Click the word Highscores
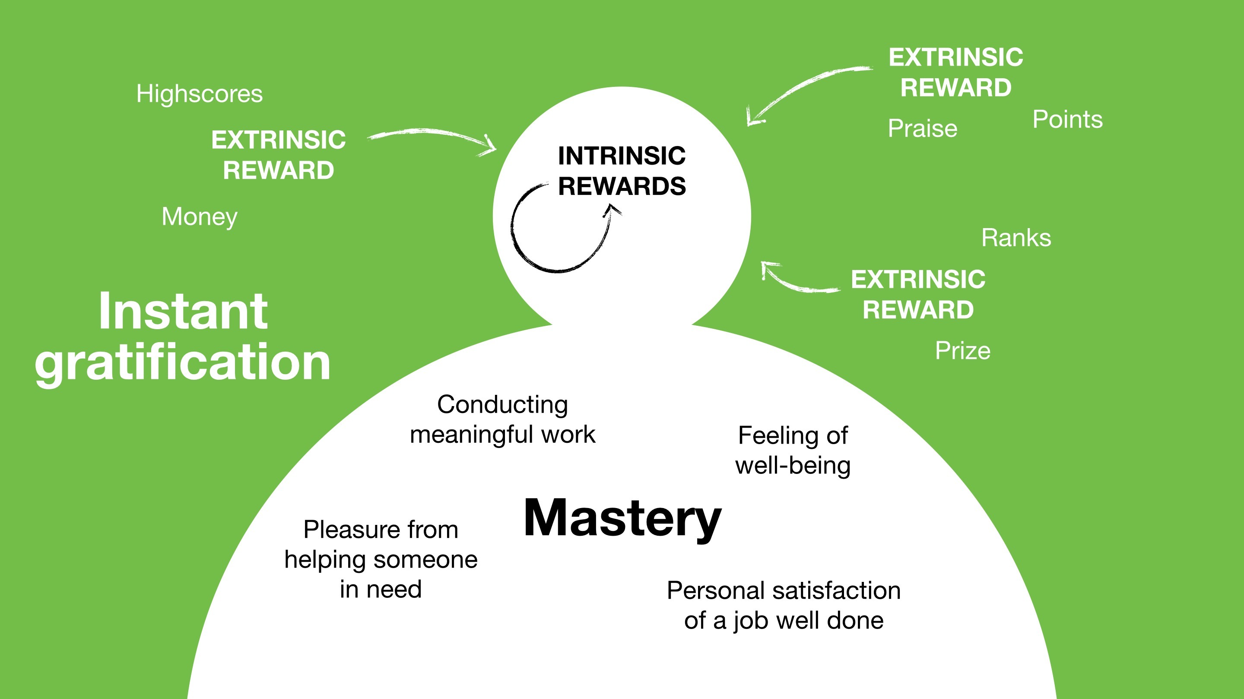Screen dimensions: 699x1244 [x=200, y=94]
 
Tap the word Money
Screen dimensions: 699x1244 [x=200, y=216]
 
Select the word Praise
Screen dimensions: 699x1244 [x=922, y=128]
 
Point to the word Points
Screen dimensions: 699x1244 [x=1067, y=119]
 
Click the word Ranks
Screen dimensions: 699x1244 [x=1016, y=238]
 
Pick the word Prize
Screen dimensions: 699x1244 [x=962, y=351]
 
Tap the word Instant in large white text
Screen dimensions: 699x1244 [x=183, y=311]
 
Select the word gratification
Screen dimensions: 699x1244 [x=183, y=362]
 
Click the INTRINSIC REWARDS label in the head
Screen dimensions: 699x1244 [x=622, y=171]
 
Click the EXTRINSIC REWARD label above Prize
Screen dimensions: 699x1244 [x=918, y=294]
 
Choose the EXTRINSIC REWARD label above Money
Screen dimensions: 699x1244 [x=278, y=155]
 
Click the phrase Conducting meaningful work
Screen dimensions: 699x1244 [x=502, y=419]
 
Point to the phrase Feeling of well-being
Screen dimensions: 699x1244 [x=793, y=450]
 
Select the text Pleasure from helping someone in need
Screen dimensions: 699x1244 [x=381, y=559]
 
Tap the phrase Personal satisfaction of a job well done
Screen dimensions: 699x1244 [x=783, y=605]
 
